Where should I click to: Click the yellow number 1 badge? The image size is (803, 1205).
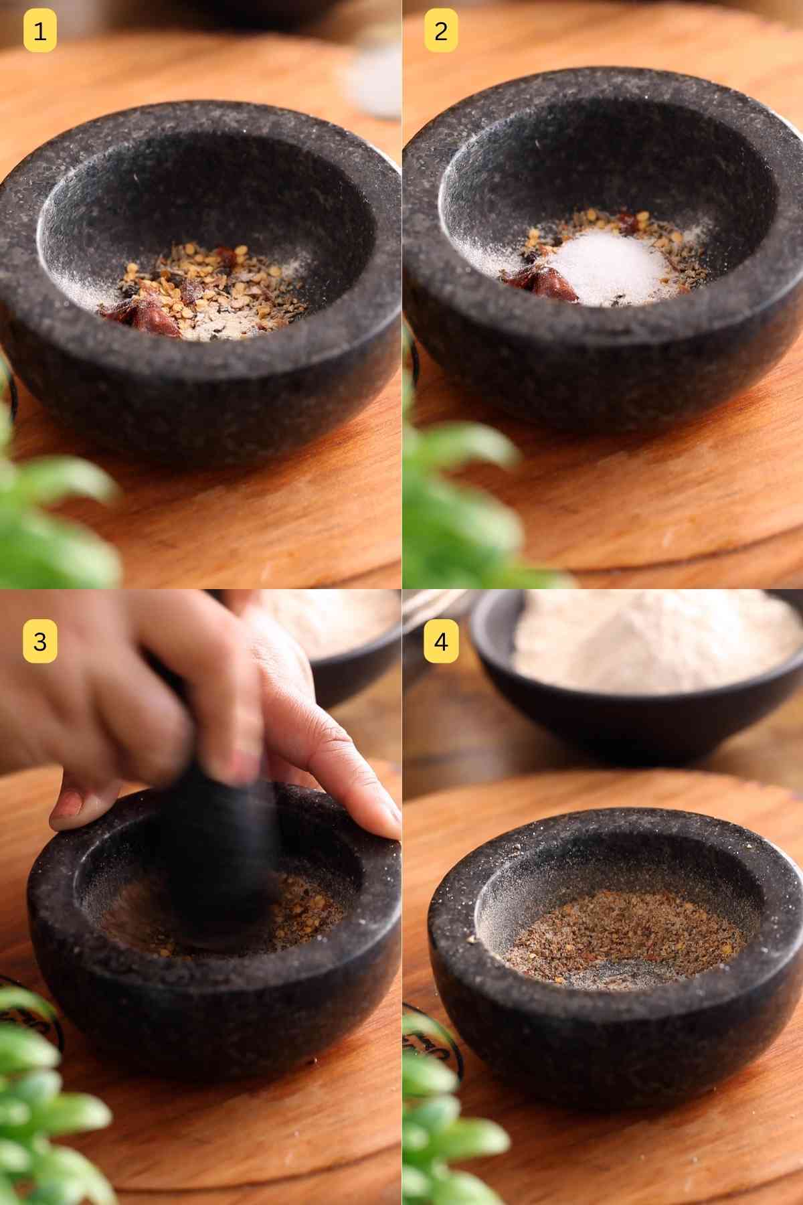(39, 31)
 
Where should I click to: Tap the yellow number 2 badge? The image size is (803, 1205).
(440, 31)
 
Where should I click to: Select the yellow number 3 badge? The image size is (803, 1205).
(39, 641)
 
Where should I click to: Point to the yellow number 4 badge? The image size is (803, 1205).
(440, 641)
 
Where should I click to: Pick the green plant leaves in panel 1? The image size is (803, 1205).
(54, 509)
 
